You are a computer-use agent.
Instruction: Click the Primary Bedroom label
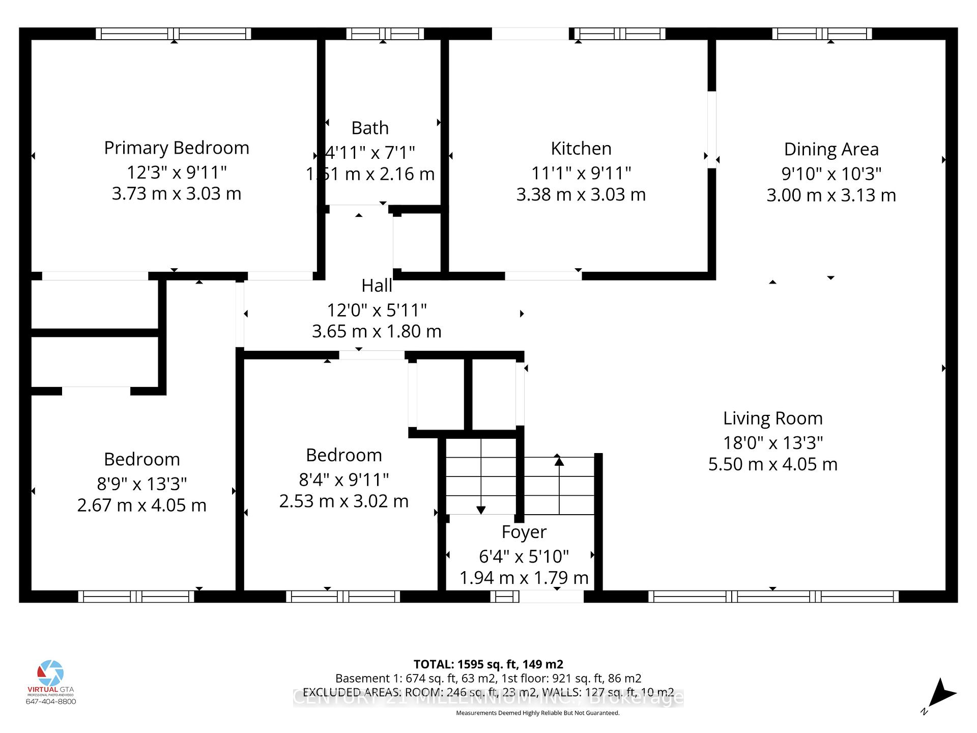[x=177, y=148]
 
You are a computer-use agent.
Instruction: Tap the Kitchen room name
[x=581, y=149]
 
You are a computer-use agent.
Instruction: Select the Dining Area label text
[x=831, y=150]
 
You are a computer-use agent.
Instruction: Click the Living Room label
[x=772, y=418]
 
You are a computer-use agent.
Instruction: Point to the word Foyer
[x=524, y=532]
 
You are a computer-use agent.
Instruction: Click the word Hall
[x=377, y=286]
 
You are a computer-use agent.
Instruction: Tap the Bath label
[x=370, y=128]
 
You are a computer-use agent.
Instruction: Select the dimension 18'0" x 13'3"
[x=772, y=443]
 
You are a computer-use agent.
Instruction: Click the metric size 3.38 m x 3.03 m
[x=581, y=195]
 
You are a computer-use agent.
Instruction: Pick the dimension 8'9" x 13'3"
[x=141, y=484]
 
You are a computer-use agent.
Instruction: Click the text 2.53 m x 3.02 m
[x=343, y=501]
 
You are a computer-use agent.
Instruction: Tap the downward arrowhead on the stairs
[x=480, y=510]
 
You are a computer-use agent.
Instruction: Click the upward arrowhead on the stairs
[x=559, y=461]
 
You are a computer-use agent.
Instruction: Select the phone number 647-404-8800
[x=50, y=701]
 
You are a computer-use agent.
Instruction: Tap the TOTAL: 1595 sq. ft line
[x=488, y=664]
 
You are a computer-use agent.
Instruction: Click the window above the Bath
[x=385, y=34]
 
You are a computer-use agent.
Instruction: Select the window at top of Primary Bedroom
[x=174, y=34]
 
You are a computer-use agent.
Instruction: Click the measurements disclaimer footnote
[x=537, y=713]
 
